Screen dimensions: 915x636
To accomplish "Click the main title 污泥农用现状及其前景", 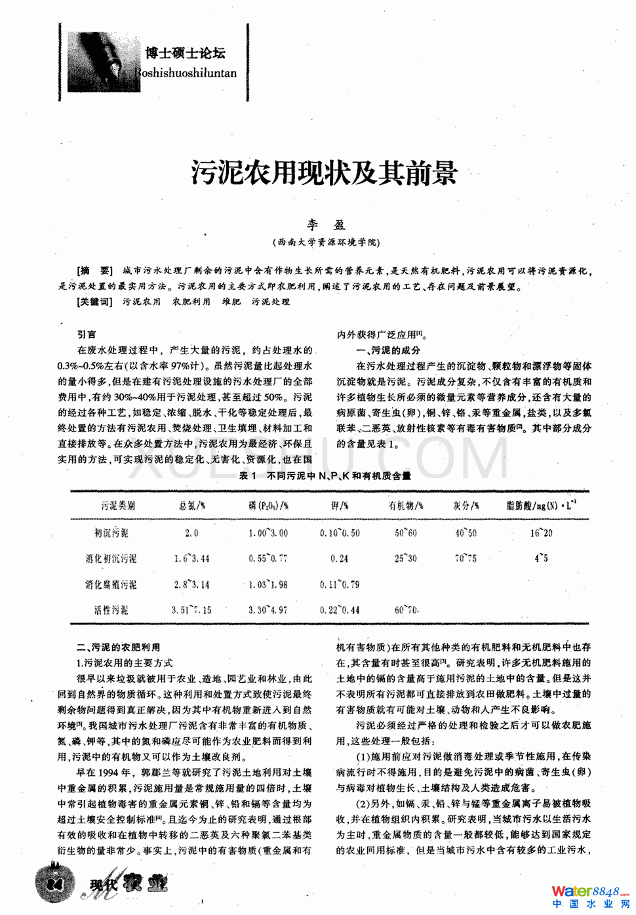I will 325,173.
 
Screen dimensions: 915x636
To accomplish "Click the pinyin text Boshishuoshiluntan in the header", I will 186,73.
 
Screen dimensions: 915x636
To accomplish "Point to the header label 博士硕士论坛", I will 186,53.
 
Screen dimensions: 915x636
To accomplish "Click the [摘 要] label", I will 95,271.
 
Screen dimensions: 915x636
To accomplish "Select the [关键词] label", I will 95,302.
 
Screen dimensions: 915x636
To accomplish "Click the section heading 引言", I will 87,335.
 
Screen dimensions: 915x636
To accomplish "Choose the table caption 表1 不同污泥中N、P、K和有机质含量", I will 325,476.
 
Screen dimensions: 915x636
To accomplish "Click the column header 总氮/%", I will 191,506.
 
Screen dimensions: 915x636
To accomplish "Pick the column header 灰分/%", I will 466,506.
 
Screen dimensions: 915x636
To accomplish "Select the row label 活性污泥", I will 111,610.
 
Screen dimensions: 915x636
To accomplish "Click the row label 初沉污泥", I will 111,533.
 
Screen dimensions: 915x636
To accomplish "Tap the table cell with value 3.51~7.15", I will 191,610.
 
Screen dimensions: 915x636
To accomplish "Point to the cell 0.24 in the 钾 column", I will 340,559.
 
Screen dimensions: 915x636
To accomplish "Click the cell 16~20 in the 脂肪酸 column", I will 541,533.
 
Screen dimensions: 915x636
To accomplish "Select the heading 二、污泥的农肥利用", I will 119,647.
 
